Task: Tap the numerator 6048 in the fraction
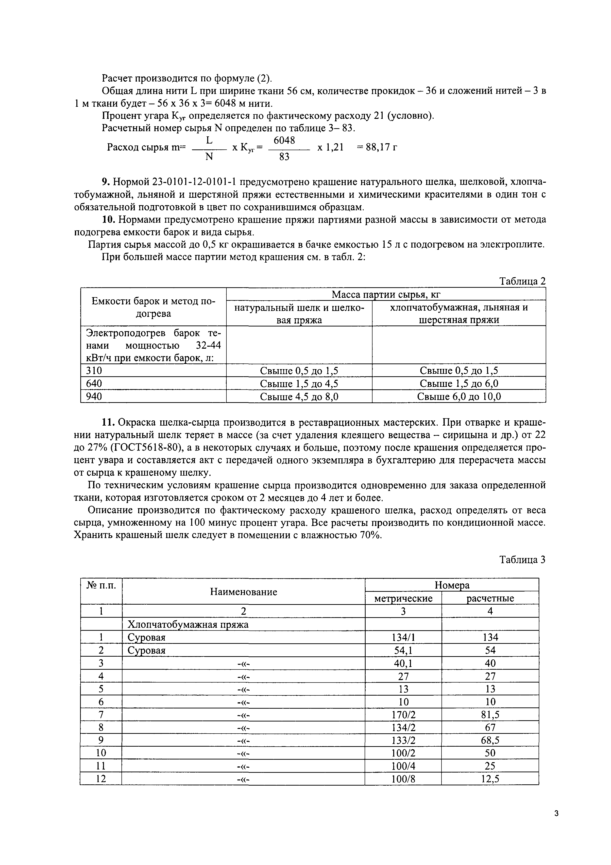coord(284,140)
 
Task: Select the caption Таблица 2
coord(522,281)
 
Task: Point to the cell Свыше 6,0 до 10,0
coord(459,396)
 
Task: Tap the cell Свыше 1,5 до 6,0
coord(459,383)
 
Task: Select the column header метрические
coord(403,598)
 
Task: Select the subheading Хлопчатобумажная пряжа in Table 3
coord(188,624)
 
